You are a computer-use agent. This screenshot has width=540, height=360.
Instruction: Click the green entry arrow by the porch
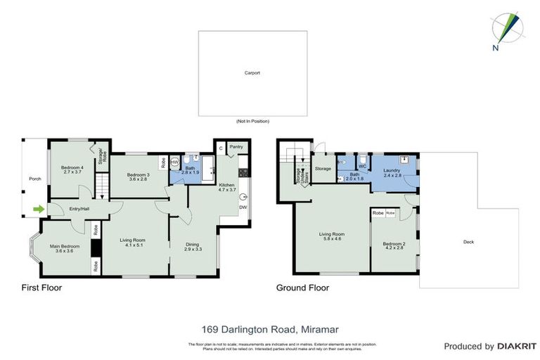click(37, 208)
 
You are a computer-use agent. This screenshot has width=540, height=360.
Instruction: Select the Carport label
click(252, 72)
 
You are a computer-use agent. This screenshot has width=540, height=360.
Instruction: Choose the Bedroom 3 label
click(138, 176)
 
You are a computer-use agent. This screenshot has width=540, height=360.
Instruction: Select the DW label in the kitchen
click(242, 207)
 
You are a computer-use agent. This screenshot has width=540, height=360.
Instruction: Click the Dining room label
click(193, 247)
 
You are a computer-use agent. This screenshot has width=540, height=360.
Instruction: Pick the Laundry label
click(392, 172)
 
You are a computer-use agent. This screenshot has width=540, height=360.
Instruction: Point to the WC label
click(363, 167)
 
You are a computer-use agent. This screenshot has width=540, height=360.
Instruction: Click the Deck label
click(468, 242)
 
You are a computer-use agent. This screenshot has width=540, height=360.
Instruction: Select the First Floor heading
click(41, 288)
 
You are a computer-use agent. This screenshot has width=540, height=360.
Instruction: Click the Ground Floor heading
click(302, 288)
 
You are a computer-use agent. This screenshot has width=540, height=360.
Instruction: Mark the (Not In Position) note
click(252, 121)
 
